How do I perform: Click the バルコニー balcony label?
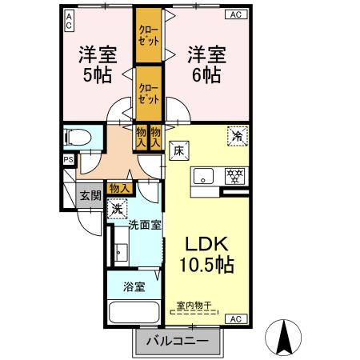(x=177, y=342)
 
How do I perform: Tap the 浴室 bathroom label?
(x=134, y=287)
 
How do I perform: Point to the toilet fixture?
(x=78, y=138)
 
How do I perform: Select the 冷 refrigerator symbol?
(x=236, y=136)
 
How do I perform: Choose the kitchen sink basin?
(x=203, y=176)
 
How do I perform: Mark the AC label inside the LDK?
(x=235, y=318)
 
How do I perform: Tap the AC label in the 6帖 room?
(x=235, y=14)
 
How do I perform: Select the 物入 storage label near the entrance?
(x=118, y=189)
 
